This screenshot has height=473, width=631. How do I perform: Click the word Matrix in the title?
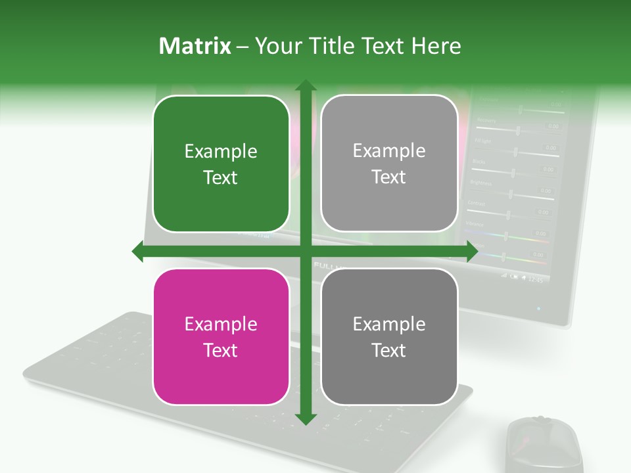coord(195,46)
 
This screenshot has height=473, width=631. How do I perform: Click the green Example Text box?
coord(221,164)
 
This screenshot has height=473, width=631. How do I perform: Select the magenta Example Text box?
coord(221,336)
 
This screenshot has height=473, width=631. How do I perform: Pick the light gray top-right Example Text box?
coord(389,164)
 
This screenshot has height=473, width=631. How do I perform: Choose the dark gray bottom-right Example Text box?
coord(389,336)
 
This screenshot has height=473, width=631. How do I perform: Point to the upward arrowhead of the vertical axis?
coord(305,86)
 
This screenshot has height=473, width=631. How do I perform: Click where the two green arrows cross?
coord(305,252)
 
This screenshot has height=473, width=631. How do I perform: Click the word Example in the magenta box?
coord(221,324)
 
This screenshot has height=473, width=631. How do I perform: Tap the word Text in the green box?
coord(221,177)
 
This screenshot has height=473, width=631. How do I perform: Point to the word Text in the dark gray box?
coord(389,350)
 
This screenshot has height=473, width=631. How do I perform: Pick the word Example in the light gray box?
coord(389,150)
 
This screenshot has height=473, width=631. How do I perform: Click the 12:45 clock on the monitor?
coord(536,280)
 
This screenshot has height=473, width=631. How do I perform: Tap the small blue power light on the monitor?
coord(538,307)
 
